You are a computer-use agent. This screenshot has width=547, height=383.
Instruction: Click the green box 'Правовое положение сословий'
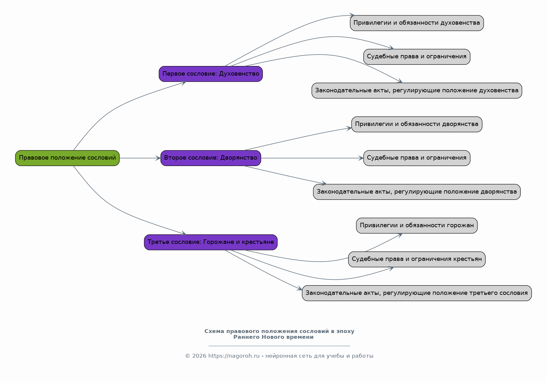67,158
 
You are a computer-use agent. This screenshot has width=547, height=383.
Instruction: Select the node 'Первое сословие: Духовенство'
211,74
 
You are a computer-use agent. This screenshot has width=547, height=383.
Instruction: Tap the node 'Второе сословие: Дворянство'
211,158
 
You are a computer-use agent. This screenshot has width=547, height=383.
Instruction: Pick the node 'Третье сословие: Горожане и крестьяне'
211,242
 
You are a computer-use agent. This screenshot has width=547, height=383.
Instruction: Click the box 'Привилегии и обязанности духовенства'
417,23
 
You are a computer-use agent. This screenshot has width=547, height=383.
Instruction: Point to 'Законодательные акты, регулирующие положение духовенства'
417,91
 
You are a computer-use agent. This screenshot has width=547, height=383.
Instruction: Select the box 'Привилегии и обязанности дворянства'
417,124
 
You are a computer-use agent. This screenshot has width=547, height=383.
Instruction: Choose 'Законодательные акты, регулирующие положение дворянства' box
417,192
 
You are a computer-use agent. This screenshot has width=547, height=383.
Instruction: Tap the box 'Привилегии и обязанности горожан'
417,226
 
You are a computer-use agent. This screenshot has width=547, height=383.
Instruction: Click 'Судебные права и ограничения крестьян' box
417,259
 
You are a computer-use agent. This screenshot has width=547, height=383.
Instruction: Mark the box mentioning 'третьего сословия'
417,293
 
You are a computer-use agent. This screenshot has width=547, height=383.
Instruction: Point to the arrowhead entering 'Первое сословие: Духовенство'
184,83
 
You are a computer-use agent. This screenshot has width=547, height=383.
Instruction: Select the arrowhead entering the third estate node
184,233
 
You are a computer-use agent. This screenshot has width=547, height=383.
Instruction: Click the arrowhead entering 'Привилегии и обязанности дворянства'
349,129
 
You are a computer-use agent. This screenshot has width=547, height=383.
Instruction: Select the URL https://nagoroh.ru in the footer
234,356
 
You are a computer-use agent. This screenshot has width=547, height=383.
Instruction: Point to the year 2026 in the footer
199,356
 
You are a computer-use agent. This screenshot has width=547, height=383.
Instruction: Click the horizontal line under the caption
279,346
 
